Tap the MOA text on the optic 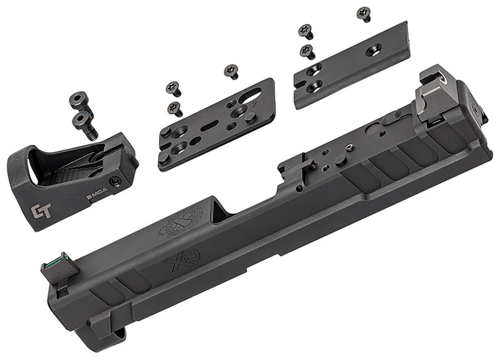[x=98, y=195]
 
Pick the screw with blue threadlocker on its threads [x=86, y=124]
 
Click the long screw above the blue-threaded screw [x=79, y=102]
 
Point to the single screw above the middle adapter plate [x=232, y=71]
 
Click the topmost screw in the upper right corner [x=364, y=13]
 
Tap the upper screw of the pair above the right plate [x=305, y=30]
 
